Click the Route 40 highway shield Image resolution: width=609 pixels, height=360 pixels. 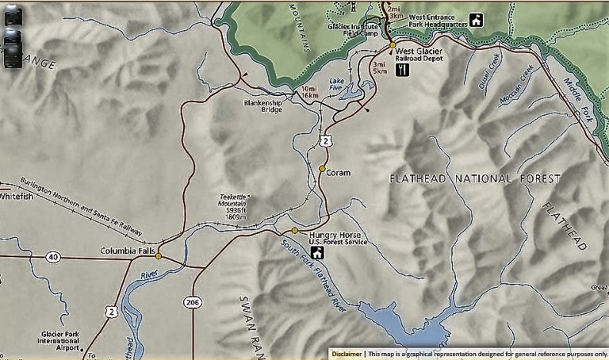pos(52,256)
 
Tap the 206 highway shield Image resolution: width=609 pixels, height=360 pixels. pos(192,301)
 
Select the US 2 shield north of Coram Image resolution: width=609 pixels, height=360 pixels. pos(326,140)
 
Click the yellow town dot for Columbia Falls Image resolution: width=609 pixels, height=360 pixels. pos(159,256)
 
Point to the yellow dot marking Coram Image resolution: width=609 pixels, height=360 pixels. pos(322,168)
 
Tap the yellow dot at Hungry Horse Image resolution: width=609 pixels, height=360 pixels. pos(295,231)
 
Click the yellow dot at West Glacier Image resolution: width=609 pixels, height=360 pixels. pos(392,45)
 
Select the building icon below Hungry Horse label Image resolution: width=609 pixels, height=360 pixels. pos(316,253)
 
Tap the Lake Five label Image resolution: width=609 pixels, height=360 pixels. pos(337,84)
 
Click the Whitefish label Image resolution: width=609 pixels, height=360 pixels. pos(17,196)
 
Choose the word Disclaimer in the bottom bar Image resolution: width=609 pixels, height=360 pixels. pos(347,354)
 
